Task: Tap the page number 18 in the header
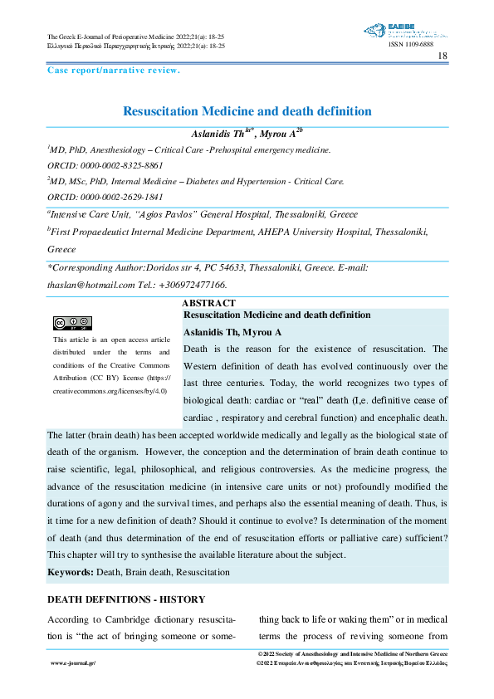click(x=442, y=56)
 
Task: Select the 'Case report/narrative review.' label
click(x=114, y=71)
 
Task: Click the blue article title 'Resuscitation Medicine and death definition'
click(x=247, y=110)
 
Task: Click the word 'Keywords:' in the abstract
click(x=71, y=572)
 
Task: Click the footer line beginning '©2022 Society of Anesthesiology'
click(x=354, y=655)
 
